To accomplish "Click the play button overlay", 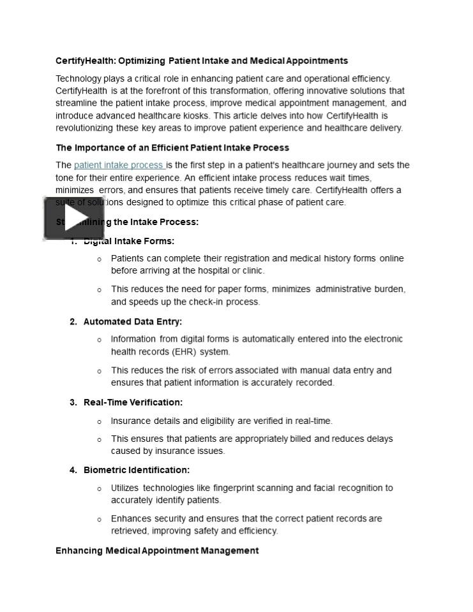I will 73,218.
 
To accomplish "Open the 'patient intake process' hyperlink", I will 119,165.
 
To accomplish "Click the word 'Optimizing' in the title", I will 142,61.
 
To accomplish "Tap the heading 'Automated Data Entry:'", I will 132,322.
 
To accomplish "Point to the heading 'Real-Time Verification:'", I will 133,402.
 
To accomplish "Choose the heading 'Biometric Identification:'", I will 136,470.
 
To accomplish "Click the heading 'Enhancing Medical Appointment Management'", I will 157,550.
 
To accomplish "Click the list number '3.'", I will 73,402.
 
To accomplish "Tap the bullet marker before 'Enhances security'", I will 100,520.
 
